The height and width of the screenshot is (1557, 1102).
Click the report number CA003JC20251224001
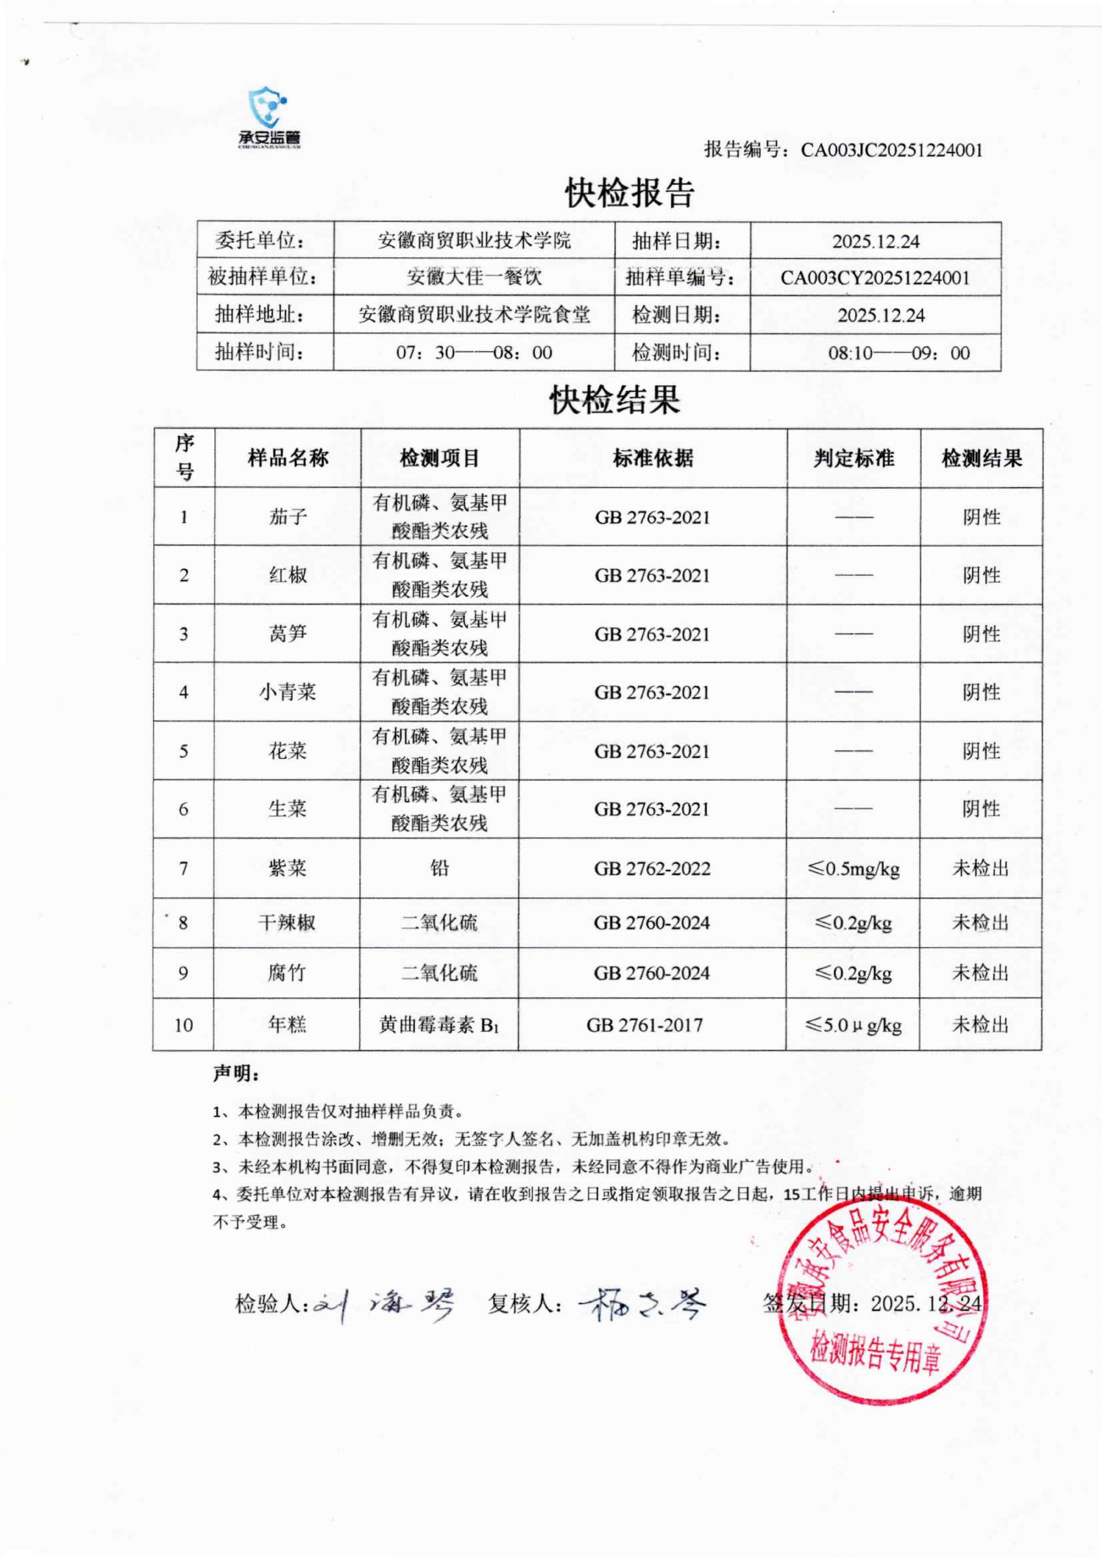891,150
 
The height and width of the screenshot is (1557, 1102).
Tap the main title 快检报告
630,193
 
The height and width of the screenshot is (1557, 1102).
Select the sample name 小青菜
288,692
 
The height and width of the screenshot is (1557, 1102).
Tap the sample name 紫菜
288,868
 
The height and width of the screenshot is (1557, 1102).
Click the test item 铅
440,868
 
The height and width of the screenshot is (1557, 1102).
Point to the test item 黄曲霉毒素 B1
439,1025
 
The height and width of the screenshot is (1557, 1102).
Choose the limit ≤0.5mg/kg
854,869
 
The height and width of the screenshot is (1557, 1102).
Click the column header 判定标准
854,458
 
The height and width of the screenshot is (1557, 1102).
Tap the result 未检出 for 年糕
980,1025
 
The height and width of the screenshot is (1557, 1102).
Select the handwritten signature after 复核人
641,1303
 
